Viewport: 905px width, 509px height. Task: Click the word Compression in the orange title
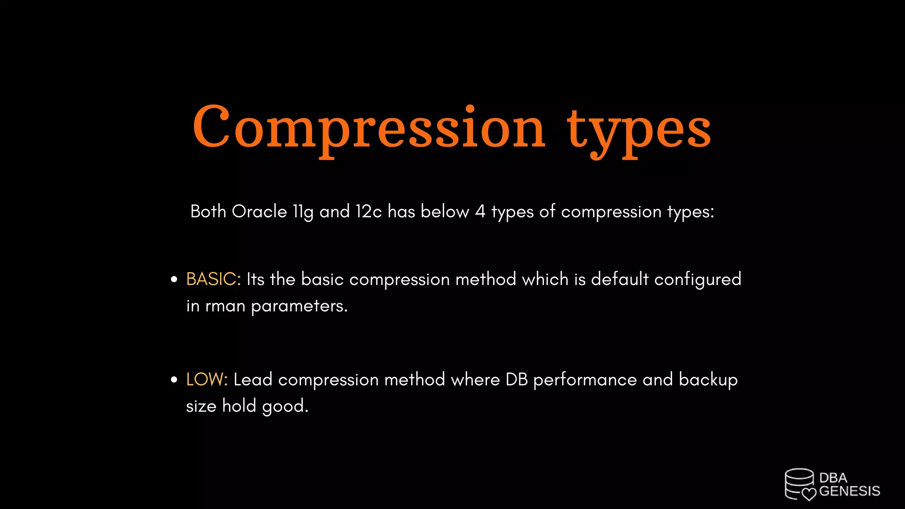pos(369,128)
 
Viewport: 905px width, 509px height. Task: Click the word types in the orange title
pos(639,130)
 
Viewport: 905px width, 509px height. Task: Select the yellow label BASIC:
pos(213,279)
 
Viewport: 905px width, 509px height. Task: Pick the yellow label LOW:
pos(207,380)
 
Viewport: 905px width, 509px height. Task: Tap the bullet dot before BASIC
pos(174,280)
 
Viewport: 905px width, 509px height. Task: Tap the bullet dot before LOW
pos(174,380)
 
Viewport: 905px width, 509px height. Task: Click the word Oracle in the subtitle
pos(259,212)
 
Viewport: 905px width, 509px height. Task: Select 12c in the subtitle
pos(369,212)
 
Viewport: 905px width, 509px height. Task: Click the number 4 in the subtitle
pos(480,212)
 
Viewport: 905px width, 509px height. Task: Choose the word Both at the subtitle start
pos(208,212)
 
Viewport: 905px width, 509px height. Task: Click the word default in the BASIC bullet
pos(620,279)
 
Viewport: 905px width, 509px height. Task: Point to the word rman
pos(225,306)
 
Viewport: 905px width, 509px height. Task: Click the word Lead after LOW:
pos(253,380)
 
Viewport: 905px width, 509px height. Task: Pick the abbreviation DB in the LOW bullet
pos(517,380)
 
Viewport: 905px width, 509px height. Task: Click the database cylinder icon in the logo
pos(799,483)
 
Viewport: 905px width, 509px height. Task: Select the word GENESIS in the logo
pos(849,491)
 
